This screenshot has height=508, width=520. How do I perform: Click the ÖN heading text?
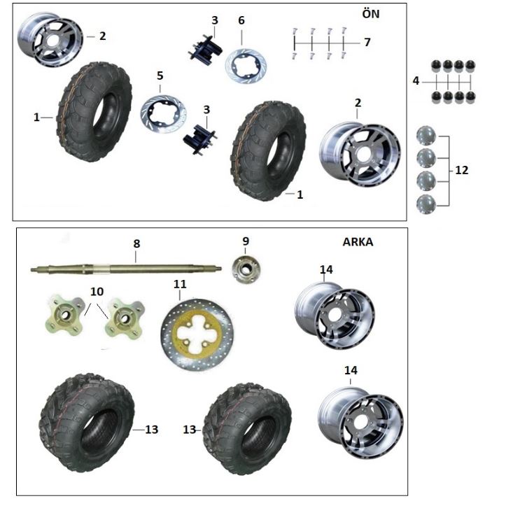pyautogui.click(x=371, y=13)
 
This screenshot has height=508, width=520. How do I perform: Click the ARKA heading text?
pyautogui.click(x=358, y=242)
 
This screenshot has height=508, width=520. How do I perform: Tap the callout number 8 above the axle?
pyautogui.click(x=136, y=244)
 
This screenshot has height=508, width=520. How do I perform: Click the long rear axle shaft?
pyautogui.click(x=127, y=268)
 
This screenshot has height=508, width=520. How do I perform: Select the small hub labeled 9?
pyautogui.click(x=246, y=269)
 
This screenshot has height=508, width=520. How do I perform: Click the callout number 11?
pyautogui.click(x=180, y=284)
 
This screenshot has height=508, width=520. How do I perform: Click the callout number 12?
pyautogui.click(x=462, y=170)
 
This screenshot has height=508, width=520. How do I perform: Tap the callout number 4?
pyautogui.click(x=416, y=81)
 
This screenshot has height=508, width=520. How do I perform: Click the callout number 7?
pyautogui.click(x=367, y=43)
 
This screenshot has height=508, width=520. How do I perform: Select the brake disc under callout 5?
pyautogui.click(x=163, y=114)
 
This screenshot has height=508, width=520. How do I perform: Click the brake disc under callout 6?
pyautogui.click(x=246, y=66)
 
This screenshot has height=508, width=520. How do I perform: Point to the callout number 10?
pyautogui.click(x=97, y=292)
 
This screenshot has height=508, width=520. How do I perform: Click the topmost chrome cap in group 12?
pyautogui.click(x=426, y=135)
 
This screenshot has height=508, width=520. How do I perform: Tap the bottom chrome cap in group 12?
pyautogui.click(x=426, y=204)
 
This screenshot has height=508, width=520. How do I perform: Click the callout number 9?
pyautogui.click(x=246, y=241)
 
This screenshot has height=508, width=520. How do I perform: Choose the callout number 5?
pyautogui.click(x=160, y=76)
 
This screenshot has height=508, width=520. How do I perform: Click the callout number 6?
pyautogui.click(x=241, y=20)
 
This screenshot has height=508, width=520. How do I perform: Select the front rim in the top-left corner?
pyautogui.click(x=50, y=40)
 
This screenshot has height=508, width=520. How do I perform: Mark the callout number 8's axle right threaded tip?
pyautogui.click(x=220, y=269)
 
